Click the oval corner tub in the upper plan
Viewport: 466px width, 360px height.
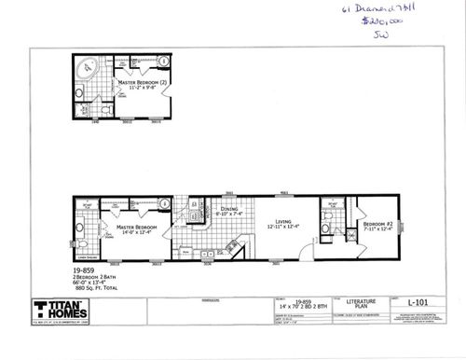(x=89, y=71)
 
